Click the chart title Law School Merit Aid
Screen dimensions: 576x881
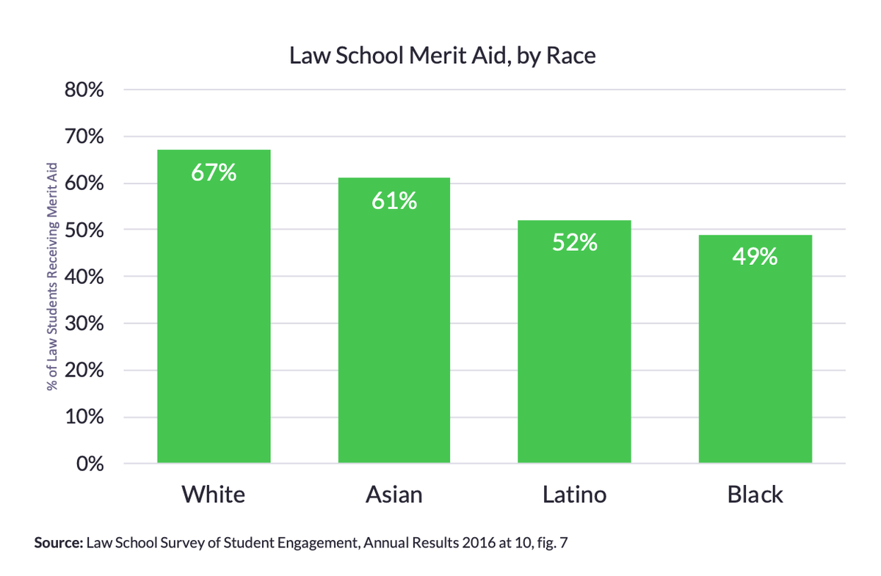pos(442,56)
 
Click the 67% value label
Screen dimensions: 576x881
pos(214,173)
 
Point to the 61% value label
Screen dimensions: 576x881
pos(394,201)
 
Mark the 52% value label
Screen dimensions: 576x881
pos(574,242)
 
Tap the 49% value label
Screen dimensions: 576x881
pos(755,258)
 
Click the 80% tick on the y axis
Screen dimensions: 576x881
pos(85,90)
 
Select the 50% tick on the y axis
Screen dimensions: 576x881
pos(85,230)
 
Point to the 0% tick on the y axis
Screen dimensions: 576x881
pos(91,464)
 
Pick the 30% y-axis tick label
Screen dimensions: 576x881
pos(85,324)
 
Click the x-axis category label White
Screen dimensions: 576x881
pos(214,495)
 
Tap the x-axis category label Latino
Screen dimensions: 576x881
pos(574,495)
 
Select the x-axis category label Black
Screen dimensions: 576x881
pos(755,495)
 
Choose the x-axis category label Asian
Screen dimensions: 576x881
pos(394,495)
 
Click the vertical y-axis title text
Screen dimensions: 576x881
pos(52,277)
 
